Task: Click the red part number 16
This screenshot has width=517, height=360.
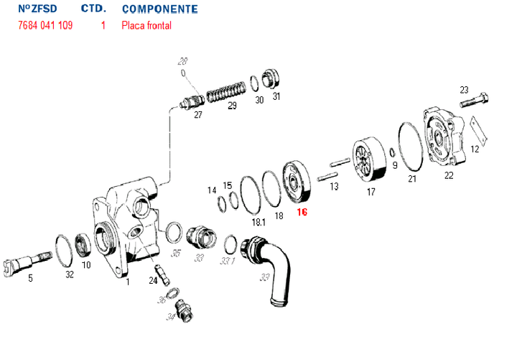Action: coord(302,213)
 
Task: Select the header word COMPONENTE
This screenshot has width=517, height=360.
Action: coord(160,9)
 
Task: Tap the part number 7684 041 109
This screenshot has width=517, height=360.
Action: coord(45,25)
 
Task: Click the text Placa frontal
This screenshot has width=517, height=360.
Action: coord(146,25)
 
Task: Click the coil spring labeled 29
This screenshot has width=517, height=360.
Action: coord(225,93)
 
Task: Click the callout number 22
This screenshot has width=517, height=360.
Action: coord(449,175)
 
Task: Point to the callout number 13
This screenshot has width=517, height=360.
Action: coord(334,187)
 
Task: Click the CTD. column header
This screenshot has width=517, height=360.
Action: coord(94,9)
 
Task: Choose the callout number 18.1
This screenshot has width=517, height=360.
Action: coord(258,222)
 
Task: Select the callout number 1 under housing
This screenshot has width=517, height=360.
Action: coord(127,282)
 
